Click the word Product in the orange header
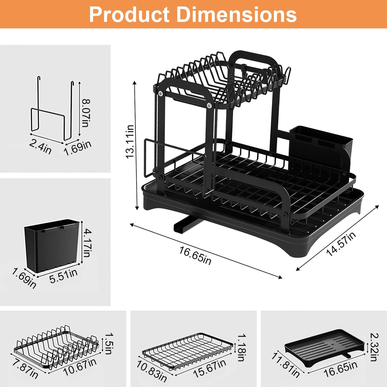129,15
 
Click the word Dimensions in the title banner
237,15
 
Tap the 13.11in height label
130,142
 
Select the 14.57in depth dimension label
341,244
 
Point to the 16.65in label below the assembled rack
195,256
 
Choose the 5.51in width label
63,276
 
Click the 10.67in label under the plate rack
80,367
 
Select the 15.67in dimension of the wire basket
209,368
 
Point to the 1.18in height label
241,347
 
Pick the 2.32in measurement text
374,347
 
